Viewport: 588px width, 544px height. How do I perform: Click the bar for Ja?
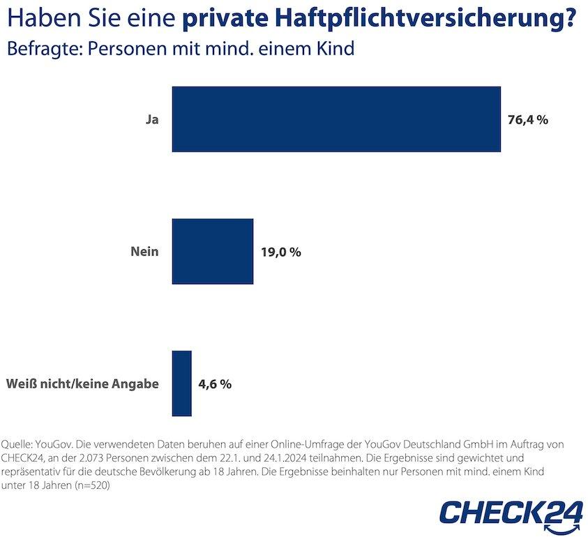336,119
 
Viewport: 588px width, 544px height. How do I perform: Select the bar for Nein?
213,251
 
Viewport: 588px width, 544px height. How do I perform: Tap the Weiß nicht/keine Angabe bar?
181,383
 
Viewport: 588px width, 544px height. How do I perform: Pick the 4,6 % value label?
216,384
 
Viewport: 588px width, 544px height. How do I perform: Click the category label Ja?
151,119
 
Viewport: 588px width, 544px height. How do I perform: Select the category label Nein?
144,252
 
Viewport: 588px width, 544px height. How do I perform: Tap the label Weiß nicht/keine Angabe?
82,384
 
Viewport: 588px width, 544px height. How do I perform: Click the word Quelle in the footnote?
17,444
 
